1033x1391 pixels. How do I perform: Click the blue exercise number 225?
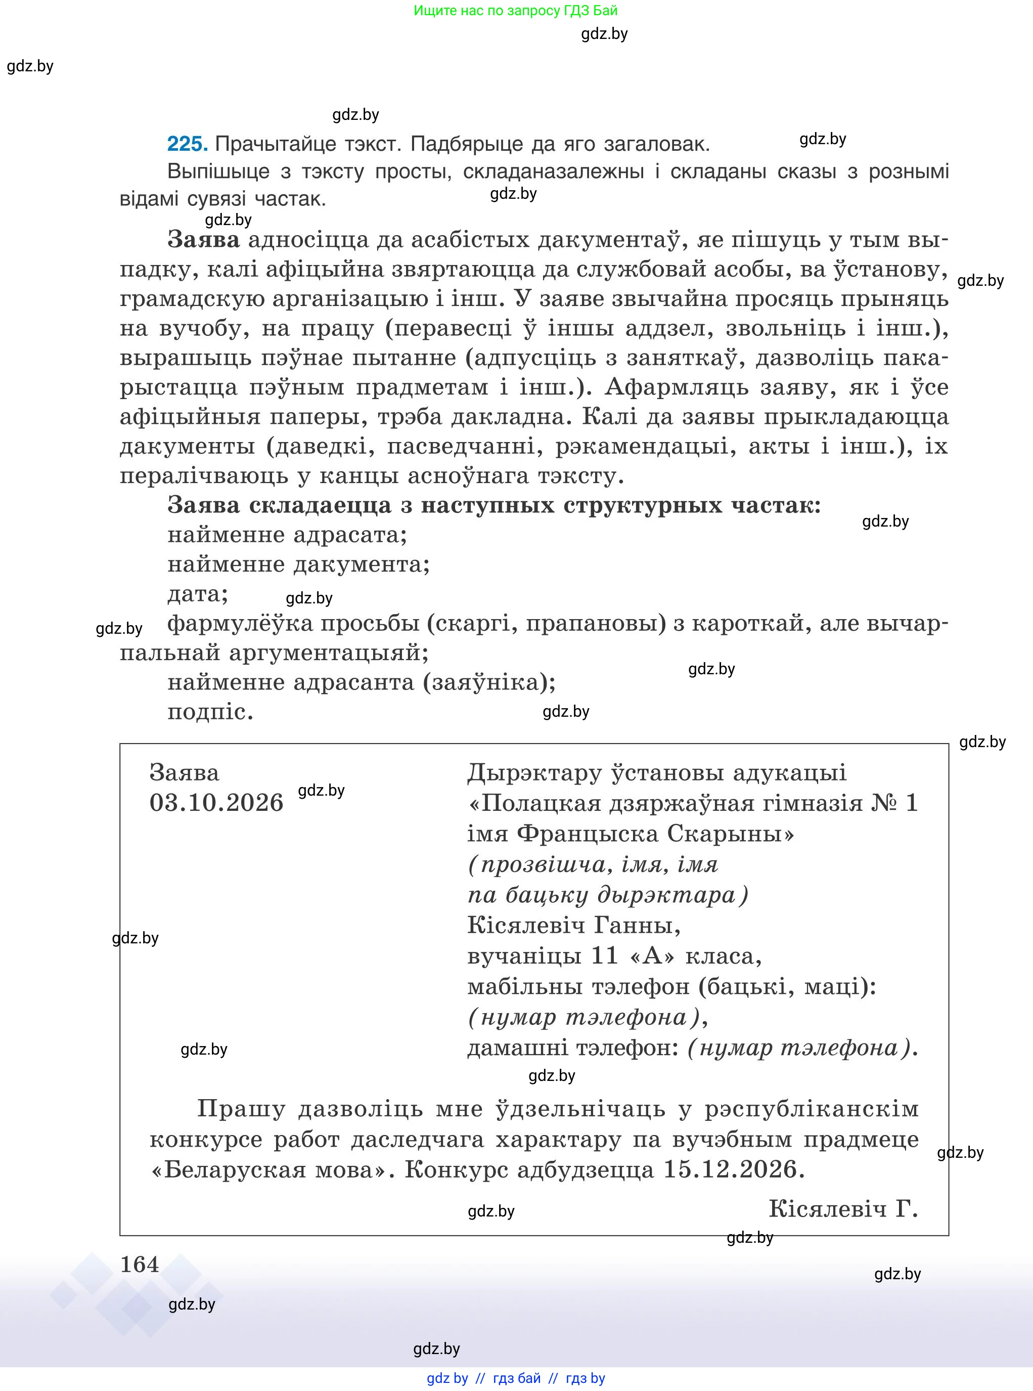point(187,145)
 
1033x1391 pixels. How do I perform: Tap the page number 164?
point(140,1265)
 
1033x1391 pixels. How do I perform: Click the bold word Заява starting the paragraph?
point(203,240)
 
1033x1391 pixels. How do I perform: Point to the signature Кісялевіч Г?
point(842,1209)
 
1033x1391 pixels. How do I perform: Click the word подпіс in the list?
point(210,712)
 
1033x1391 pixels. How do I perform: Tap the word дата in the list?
point(197,593)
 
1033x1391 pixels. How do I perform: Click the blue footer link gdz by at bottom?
point(447,1378)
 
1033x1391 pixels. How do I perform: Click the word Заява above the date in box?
point(185,773)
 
